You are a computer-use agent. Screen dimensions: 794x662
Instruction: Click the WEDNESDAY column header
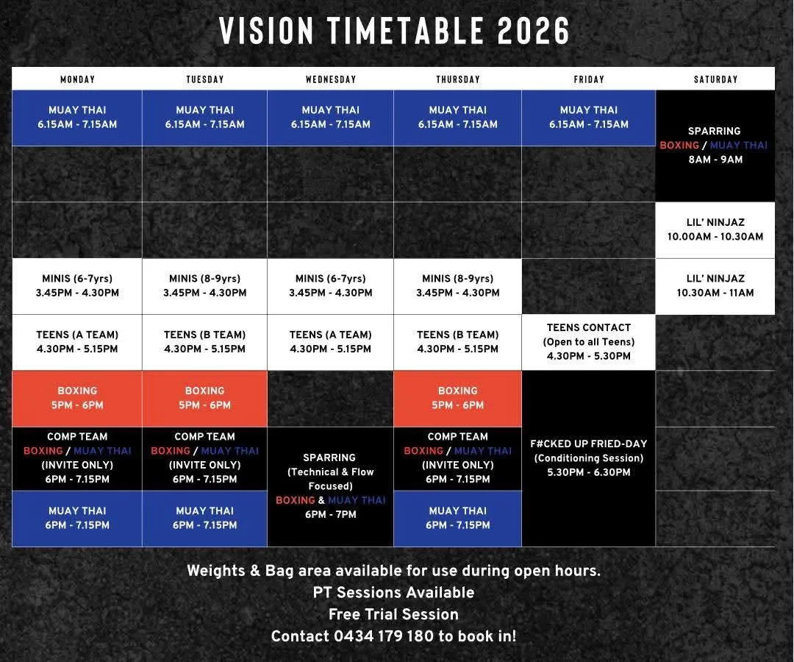tap(331, 79)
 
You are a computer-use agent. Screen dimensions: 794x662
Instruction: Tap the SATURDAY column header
tap(715, 79)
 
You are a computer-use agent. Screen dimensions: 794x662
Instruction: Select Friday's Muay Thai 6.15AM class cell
tap(588, 118)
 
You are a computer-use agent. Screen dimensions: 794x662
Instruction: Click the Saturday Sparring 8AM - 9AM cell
tap(715, 146)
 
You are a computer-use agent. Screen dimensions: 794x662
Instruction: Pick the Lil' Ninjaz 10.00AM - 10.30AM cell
tap(715, 230)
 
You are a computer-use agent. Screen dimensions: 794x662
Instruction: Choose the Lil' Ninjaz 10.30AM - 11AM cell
tap(715, 286)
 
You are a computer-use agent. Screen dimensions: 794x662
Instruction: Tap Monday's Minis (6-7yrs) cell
tap(77, 286)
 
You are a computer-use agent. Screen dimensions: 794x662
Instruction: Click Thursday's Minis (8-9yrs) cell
tap(458, 286)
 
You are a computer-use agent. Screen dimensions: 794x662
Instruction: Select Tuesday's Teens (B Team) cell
tap(204, 342)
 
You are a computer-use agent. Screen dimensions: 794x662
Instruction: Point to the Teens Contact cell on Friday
tap(588, 342)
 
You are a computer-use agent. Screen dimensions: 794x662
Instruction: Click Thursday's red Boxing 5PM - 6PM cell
tap(458, 399)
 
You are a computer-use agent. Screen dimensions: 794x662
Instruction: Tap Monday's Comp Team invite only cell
tap(77, 458)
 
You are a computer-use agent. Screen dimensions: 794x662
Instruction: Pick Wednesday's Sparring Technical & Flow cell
tap(330, 487)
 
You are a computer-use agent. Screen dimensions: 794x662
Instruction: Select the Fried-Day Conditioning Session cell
tap(588, 458)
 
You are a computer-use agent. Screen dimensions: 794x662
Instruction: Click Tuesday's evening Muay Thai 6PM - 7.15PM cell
tap(204, 519)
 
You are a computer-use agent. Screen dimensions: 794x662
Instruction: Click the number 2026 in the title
tap(534, 31)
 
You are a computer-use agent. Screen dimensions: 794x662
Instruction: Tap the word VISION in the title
tap(267, 31)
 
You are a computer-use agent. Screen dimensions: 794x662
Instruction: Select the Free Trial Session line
tap(393, 614)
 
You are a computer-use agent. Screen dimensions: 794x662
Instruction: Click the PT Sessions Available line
tap(393, 593)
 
